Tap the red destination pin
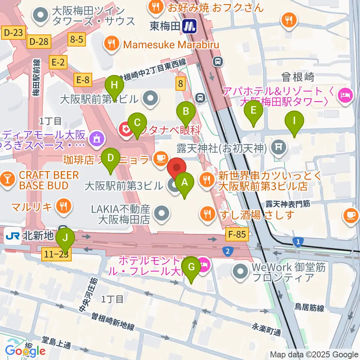pos(176,168)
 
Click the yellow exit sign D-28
pos(38,42)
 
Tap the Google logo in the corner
pos(25,351)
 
